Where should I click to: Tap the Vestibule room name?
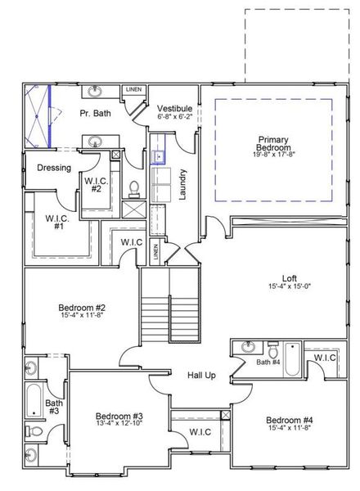174,108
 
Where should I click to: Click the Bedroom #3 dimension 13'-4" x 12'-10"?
119,424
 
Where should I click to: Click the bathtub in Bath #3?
33,402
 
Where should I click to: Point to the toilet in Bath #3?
31,431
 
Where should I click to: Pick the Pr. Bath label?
95,114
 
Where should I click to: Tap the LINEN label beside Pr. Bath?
133,89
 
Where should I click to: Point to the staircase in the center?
169,310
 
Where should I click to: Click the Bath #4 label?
268,362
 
